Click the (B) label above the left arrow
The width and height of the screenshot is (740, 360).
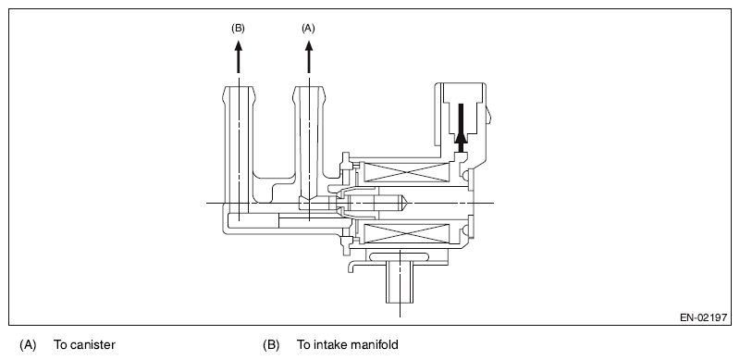238,29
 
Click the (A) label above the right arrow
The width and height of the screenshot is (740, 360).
308,29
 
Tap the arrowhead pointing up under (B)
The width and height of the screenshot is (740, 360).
239,46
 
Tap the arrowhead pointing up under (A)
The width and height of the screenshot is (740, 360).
309,46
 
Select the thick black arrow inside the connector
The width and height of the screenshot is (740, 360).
461,128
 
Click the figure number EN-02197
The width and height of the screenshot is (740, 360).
703,317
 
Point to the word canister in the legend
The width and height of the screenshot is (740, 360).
92,345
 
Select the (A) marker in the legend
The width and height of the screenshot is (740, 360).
28,345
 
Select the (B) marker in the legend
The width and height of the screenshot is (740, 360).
271,345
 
